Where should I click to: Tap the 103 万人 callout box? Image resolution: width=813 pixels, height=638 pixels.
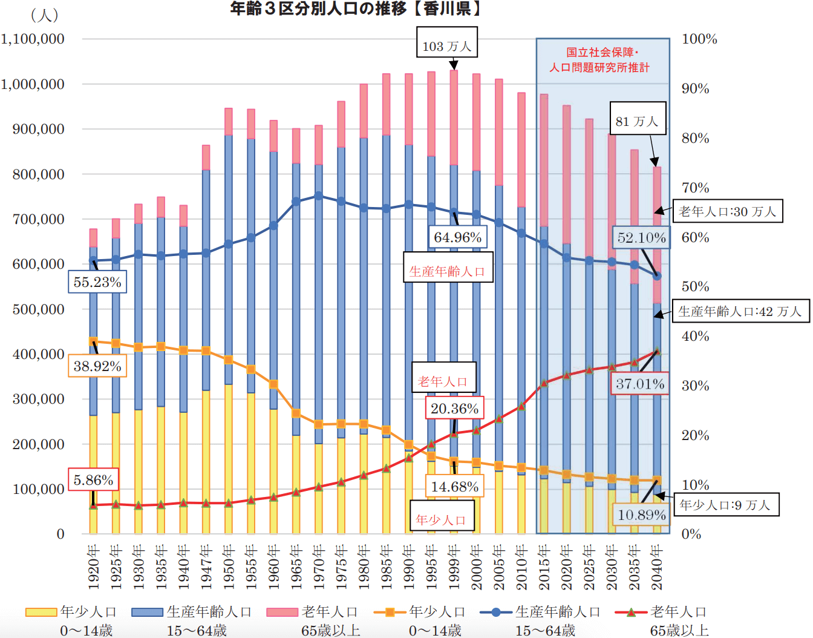point(446,46)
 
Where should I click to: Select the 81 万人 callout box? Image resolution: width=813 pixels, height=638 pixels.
point(637,122)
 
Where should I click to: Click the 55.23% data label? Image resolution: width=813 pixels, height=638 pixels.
point(97,282)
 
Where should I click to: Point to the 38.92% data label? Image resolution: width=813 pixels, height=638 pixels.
point(97,366)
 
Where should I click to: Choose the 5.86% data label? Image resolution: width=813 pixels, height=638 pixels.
point(93,480)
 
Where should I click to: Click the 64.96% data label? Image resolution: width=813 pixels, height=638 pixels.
point(457,237)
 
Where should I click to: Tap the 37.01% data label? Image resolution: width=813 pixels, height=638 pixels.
point(639,384)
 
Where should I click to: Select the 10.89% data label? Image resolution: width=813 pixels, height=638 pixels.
point(641,515)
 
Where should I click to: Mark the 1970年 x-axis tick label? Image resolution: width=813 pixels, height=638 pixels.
point(319,567)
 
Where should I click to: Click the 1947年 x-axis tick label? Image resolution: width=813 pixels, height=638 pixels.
point(206,567)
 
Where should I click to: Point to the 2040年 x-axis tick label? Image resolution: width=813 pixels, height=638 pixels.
point(657,567)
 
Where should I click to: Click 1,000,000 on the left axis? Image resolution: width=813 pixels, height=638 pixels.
point(33,84)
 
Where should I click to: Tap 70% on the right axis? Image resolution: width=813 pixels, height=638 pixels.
point(695,188)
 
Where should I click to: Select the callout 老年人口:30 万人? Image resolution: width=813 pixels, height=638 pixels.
point(727,211)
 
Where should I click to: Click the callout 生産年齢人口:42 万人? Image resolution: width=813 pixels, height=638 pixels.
point(740,311)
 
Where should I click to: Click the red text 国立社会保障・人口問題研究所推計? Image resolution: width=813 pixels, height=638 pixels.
point(602,60)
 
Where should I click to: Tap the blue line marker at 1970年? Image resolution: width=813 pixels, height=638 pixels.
point(319,196)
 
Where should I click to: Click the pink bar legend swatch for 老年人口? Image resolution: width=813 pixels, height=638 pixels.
point(282,613)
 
